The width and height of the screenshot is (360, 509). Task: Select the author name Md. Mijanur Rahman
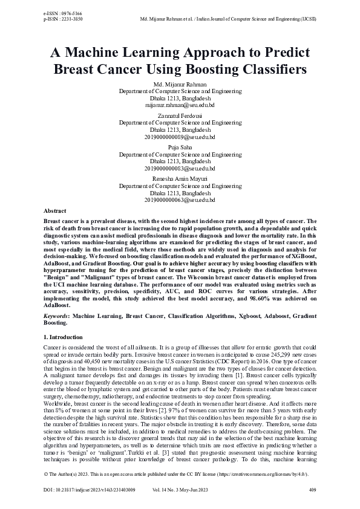180,84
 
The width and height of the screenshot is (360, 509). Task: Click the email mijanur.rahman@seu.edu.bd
180,104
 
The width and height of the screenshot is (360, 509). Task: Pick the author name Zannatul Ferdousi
180,115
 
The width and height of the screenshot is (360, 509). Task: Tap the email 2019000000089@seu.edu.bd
180,136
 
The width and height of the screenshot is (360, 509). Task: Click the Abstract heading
55,210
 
